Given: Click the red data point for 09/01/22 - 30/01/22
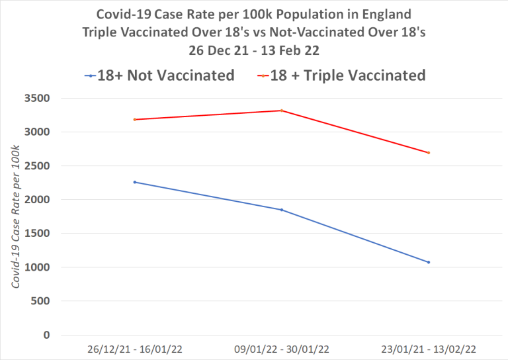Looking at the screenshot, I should (282, 111).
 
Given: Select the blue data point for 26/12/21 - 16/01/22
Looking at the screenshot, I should (135, 182).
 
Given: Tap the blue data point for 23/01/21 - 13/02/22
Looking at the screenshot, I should (429, 262).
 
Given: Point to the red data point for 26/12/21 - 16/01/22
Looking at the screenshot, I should (135, 120).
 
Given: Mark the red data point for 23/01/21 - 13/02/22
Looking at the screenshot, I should (429, 153).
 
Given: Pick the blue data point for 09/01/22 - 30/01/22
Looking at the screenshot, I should (282, 210).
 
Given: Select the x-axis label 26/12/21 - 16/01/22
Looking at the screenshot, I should (135, 348).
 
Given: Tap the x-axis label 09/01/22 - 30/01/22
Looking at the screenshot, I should (282, 348).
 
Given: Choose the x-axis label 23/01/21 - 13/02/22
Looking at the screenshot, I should (429, 348).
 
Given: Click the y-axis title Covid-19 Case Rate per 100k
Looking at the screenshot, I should (15, 216).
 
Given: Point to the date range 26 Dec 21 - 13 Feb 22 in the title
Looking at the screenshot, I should (255, 49).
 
